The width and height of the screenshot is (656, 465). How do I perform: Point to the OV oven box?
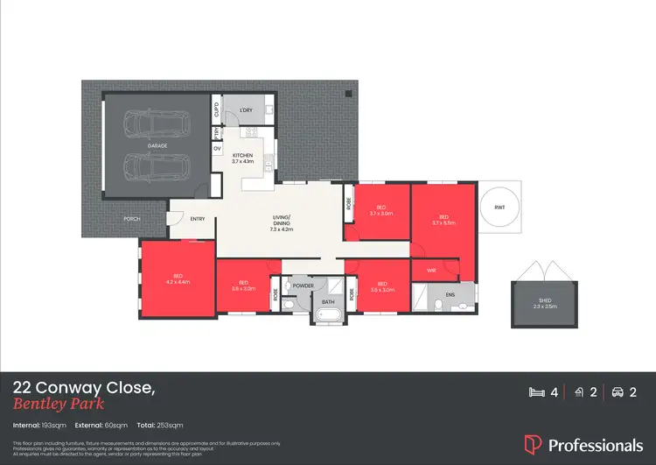(217, 149)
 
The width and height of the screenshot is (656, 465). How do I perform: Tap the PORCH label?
(131, 219)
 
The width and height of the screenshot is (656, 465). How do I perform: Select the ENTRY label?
(198, 219)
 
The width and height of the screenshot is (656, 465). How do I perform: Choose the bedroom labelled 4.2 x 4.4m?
(177, 278)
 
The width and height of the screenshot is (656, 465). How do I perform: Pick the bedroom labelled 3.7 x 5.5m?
(443, 220)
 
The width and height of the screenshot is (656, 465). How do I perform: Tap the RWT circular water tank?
(499, 208)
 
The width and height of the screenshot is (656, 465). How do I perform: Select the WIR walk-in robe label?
(431, 271)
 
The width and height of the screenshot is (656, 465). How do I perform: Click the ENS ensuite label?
(450, 296)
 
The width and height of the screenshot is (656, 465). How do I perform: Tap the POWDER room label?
(303, 286)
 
